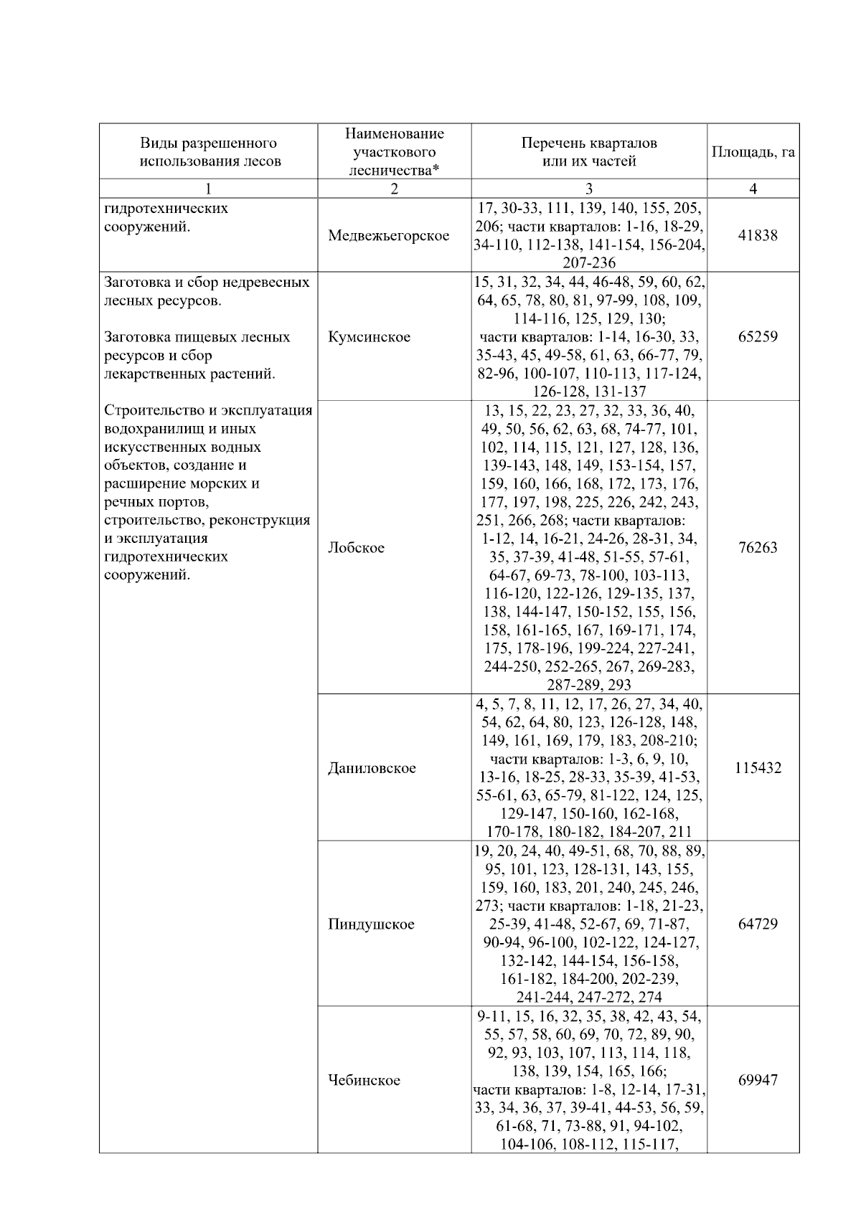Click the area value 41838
click(758, 235)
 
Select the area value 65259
click(758, 336)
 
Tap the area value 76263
click(758, 548)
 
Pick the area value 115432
click(758, 768)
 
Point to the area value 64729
click(758, 924)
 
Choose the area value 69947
click(758, 1080)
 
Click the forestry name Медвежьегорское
click(389, 235)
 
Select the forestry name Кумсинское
click(369, 336)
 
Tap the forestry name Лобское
click(356, 548)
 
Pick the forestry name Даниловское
click(372, 768)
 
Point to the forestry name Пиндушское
click(371, 924)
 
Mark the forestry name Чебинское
click(364, 1080)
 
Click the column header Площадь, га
click(753, 152)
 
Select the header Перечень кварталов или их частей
click(589, 152)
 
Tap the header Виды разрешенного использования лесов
click(209, 152)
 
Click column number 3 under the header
click(589, 189)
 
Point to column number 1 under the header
click(208, 189)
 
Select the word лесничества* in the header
click(394, 171)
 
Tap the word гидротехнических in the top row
click(166, 209)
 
